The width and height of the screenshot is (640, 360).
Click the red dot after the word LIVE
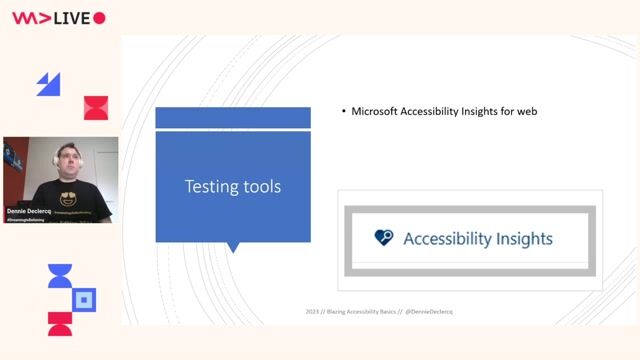click(99, 18)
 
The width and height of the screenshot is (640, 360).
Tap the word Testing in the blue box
click(208, 186)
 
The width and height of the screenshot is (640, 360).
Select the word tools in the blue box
click(258, 186)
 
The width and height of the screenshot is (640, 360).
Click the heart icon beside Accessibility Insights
click(384, 238)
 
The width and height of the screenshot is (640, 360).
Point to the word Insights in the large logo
click(518, 239)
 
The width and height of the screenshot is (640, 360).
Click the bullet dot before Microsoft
click(343, 112)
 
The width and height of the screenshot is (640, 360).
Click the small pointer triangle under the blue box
click(234, 247)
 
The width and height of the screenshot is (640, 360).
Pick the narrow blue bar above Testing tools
click(233, 118)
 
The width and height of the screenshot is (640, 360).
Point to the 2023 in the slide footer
click(313, 312)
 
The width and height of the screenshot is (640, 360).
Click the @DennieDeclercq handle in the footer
click(427, 312)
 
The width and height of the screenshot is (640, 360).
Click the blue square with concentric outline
click(85, 298)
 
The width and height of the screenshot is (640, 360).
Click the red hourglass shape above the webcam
click(95, 108)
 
